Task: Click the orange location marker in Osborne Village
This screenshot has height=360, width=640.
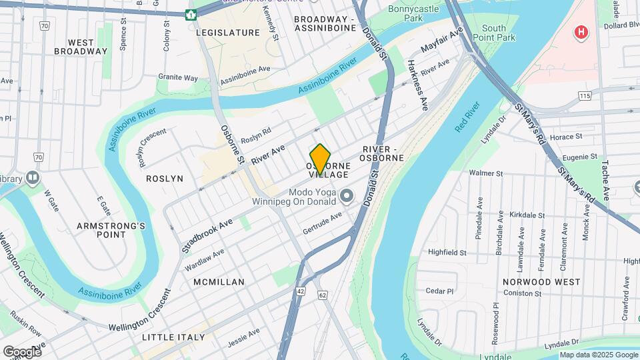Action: (320, 159)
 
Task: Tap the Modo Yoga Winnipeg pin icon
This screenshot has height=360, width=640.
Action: (346, 196)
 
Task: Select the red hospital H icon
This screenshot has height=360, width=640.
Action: (581, 32)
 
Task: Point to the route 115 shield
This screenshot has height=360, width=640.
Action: (585, 97)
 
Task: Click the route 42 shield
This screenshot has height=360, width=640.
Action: (301, 291)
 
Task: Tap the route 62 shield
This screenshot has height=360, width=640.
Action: (323, 294)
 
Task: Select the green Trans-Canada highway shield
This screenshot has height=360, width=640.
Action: (191, 13)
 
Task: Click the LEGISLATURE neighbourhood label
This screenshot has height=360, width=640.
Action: (227, 32)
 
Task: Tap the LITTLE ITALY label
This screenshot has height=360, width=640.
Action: (173, 337)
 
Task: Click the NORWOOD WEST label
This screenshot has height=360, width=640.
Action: (537, 282)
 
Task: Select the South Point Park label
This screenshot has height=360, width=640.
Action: (499, 33)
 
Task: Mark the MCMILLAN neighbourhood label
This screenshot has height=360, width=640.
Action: (219, 282)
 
